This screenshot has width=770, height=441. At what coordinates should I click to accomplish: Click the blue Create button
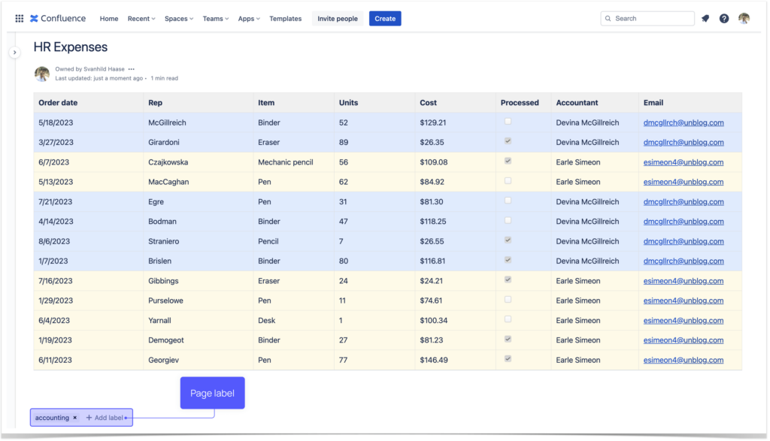[x=384, y=19]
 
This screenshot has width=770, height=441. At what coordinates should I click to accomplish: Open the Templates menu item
[x=285, y=19]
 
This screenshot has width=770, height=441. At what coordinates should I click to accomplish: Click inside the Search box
[x=651, y=19]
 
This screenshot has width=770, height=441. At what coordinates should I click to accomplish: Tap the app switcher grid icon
[x=20, y=19]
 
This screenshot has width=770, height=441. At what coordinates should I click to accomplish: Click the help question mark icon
[x=723, y=19]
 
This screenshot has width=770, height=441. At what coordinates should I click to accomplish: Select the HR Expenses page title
[x=71, y=47]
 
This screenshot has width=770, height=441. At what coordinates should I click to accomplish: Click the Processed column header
[x=520, y=103]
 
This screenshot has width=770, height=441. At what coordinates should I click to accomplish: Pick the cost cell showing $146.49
[x=434, y=360]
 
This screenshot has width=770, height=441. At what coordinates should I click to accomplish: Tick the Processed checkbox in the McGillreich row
[x=508, y=121]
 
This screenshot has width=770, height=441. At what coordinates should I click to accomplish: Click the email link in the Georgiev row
[x=683, y=360]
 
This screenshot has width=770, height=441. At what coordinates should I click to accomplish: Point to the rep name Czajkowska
[x=168, y=162]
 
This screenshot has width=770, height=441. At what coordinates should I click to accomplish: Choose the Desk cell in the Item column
[x=267, y=320]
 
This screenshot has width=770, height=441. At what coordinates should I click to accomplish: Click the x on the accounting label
[x=74, y=418]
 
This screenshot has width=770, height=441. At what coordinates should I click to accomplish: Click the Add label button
[x=105, y=418]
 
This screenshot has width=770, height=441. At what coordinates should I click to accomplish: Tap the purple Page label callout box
[x=212, y=393]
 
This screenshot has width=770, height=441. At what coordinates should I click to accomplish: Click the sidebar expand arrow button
[x=14, y=53]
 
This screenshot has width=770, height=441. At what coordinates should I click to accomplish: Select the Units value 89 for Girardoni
[x=344, y=142]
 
